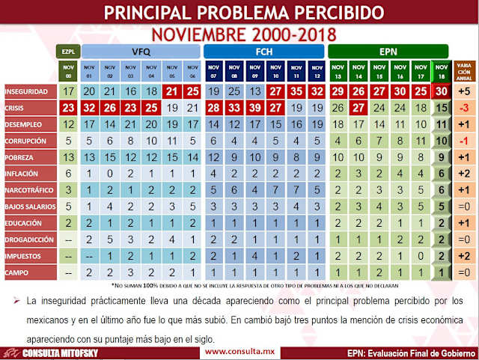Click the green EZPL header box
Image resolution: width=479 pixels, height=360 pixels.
(69, 52)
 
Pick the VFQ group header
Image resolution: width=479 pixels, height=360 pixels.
(140, 52)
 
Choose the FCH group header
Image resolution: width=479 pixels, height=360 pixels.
(263, 52)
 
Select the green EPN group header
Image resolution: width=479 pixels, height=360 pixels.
(388, 52)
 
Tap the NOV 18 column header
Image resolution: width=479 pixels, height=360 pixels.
(442, 71)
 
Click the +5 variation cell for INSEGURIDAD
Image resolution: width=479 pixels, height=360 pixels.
(463, 91)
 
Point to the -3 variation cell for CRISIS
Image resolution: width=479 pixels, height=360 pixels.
(463, 108)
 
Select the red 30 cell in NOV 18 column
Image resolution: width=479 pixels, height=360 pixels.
(442, 91)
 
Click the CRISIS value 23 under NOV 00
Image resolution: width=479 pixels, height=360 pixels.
(69, 108)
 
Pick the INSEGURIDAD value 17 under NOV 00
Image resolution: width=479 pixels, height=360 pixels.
(69, 91)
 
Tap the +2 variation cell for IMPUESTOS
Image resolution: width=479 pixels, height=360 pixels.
(463, 256)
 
